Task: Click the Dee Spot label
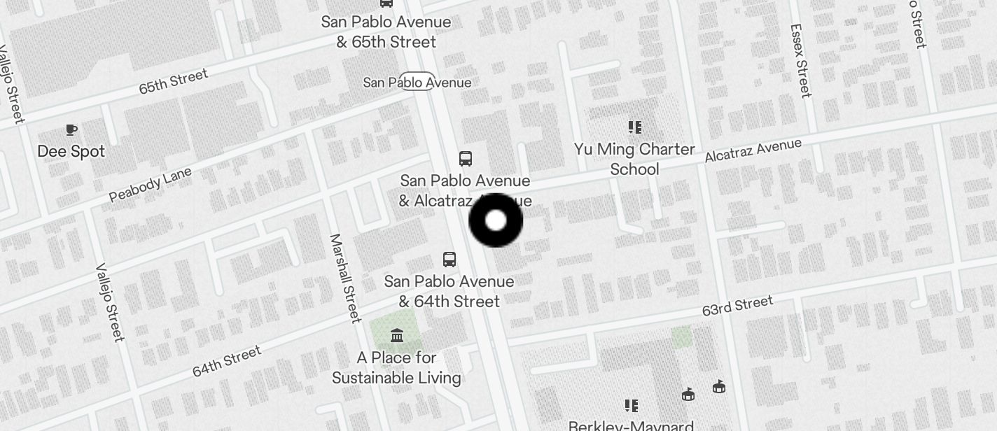71,151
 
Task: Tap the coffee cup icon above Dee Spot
71,129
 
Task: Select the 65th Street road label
173,81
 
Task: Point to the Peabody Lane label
151,185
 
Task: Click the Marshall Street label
345,278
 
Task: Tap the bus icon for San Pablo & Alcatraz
465,159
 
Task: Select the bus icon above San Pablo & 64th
449,260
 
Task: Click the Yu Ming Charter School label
634,159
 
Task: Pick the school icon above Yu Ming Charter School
634,127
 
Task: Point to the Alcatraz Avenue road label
753,151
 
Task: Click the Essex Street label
800,61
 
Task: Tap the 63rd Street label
738,306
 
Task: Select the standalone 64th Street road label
227,361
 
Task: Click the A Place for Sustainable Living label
396,368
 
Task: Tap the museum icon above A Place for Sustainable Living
397,336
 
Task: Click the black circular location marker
496,220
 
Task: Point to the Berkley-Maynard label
631,425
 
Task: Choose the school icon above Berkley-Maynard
632,406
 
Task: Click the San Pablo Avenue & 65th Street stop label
386,31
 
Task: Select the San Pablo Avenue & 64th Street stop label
449,291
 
